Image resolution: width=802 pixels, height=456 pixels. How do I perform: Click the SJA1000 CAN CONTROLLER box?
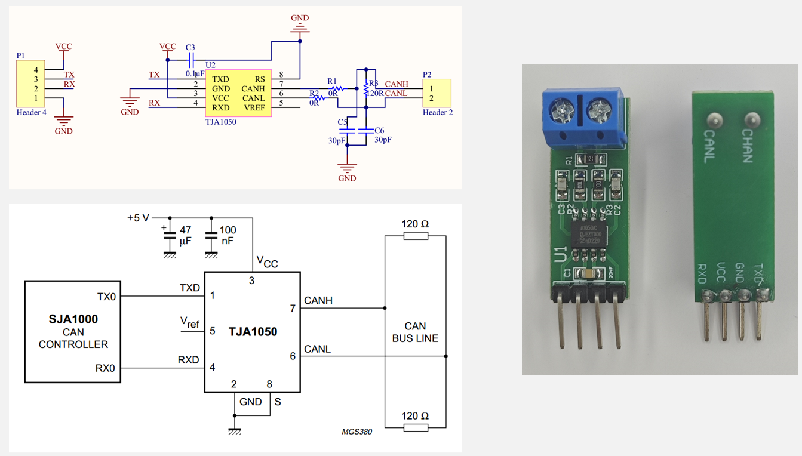73,331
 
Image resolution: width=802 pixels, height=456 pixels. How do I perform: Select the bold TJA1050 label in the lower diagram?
253,332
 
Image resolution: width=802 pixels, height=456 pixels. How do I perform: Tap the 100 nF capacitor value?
228,235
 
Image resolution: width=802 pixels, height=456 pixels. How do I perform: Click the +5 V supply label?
138,218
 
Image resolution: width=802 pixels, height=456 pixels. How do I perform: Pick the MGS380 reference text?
357,432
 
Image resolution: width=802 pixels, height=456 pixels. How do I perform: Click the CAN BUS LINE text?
415,332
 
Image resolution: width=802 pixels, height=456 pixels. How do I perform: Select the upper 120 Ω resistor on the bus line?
415,235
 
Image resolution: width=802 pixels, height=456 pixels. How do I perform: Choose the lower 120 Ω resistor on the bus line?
415,427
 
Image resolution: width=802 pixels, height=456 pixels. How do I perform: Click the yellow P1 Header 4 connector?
30,84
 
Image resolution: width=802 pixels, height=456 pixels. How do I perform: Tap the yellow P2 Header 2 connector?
437,93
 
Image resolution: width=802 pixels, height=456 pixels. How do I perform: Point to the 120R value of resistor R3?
374,94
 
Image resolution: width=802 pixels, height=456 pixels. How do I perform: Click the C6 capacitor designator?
379,130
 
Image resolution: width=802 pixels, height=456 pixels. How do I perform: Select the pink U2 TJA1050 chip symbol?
239,93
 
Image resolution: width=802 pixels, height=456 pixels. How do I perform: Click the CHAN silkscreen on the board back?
748,146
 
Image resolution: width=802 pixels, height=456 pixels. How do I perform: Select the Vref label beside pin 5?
190,323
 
